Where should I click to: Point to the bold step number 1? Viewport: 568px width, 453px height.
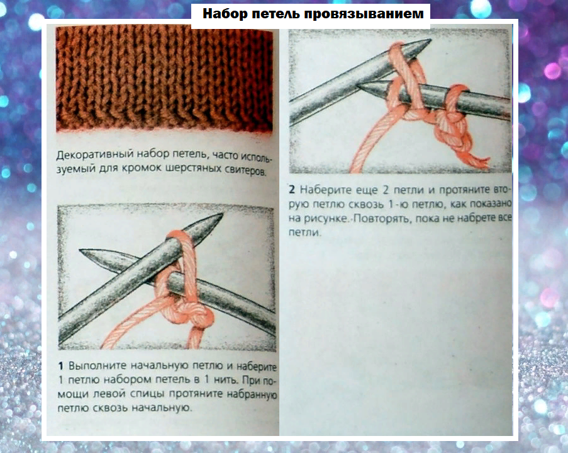(x=61, y=366)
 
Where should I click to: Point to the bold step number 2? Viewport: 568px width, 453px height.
(x=292, y=190)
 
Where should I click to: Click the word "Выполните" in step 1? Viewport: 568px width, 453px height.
(x=97, y=366)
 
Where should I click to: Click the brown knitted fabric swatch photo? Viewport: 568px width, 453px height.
(x=164, y=79)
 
